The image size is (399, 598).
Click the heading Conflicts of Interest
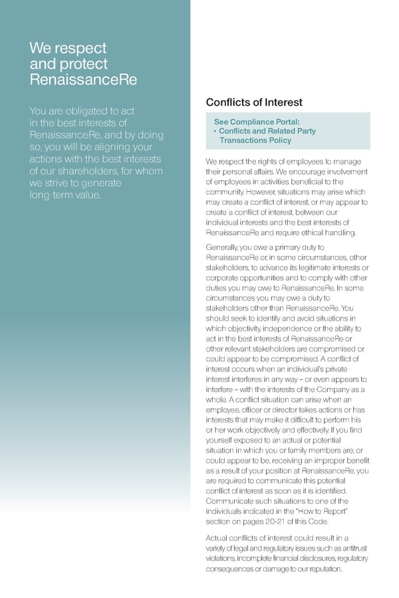254,102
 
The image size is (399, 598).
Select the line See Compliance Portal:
257,122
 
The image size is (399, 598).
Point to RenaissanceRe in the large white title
84,80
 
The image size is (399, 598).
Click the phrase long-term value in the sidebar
65,195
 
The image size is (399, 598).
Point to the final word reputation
321,569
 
